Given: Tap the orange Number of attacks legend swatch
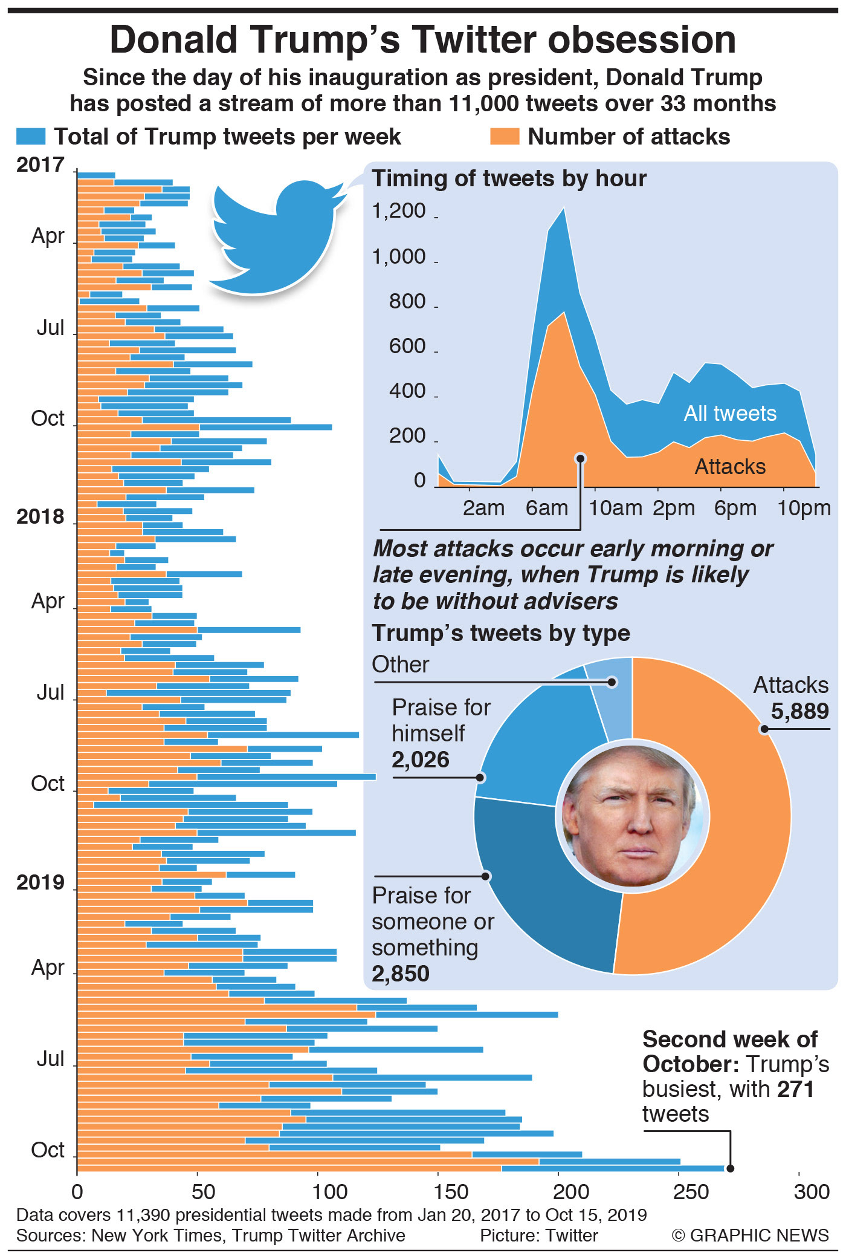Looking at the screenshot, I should coord(505,137).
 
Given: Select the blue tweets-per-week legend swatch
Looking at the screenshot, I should coord(31,137).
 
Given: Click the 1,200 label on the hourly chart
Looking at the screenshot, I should coord(399,211).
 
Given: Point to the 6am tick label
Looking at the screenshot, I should coord(546,509).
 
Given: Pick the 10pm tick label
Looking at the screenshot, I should coord(804,509).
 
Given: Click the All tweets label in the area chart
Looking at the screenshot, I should coord(730,414).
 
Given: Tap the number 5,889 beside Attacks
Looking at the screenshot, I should coord(799,712).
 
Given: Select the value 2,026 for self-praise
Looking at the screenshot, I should coord(421,760).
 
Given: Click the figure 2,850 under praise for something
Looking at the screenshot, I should coord(401,974).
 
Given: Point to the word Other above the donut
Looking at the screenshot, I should coord(400,665).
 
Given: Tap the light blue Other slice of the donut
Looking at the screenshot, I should coord(610,695).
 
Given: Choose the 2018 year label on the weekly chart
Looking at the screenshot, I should coord(40,517).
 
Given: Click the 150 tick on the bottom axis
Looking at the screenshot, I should coord(451,1192).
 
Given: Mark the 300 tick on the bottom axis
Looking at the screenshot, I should coord(812,1192).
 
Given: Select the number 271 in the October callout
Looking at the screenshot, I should coord(795,1089).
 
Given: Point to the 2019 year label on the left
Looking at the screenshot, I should coord(40,883).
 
